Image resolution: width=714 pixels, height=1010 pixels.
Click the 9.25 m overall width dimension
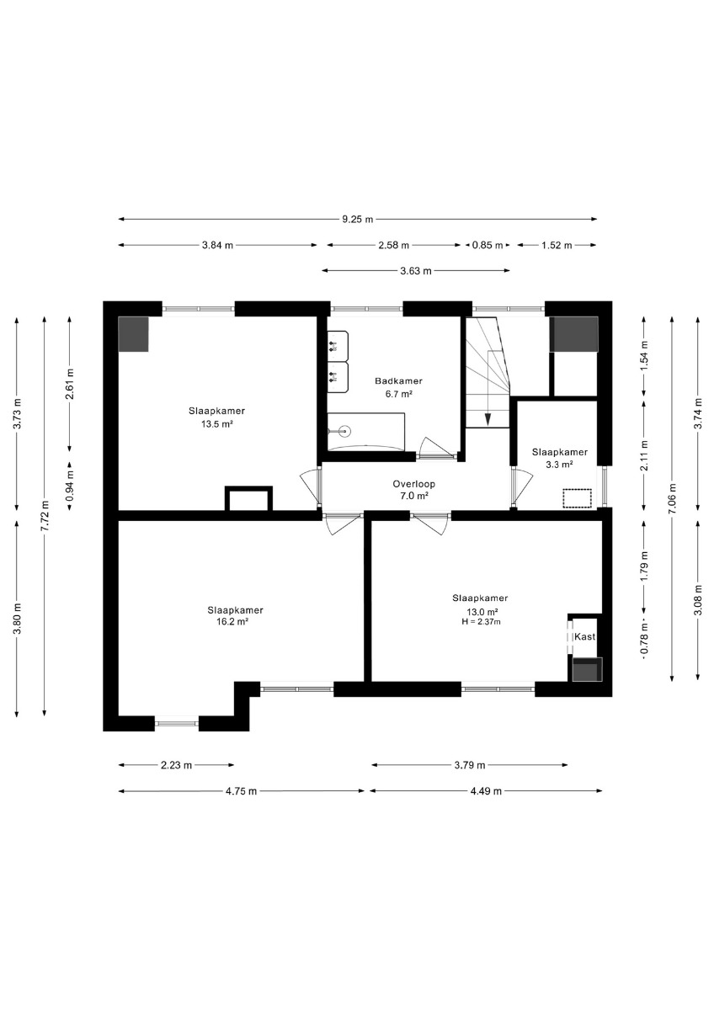(357, 220)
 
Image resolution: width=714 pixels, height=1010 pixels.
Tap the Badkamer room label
(399, 381)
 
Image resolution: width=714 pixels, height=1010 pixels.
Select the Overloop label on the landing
(413, 484)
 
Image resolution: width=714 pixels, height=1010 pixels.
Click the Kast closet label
(584, 636)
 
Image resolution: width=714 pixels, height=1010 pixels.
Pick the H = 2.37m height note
(480, 622)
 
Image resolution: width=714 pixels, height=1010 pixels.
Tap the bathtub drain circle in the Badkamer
(345, 431)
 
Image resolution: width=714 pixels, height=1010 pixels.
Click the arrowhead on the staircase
(488, 419)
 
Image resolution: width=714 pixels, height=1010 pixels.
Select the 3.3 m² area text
(559, 464)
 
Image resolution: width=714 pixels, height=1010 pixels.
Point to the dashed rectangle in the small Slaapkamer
(577, 498)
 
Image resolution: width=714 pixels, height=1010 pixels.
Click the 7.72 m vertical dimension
(44, 516)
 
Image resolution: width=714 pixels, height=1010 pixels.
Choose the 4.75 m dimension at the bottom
(242, 791)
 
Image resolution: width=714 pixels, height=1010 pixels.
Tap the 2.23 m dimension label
(176, 765)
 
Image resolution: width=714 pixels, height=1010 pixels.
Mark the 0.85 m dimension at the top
(488, 245)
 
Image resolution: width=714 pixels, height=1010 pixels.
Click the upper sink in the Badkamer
(338, 346)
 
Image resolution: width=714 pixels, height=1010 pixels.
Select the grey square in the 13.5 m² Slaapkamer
(133, 334)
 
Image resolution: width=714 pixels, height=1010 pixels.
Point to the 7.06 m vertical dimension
(672, 498)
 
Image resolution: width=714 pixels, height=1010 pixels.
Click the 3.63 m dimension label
(415, 271)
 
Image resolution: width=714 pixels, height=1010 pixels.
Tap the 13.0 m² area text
(482, 612)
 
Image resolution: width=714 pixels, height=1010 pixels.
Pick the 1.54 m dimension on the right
(645, 355)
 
